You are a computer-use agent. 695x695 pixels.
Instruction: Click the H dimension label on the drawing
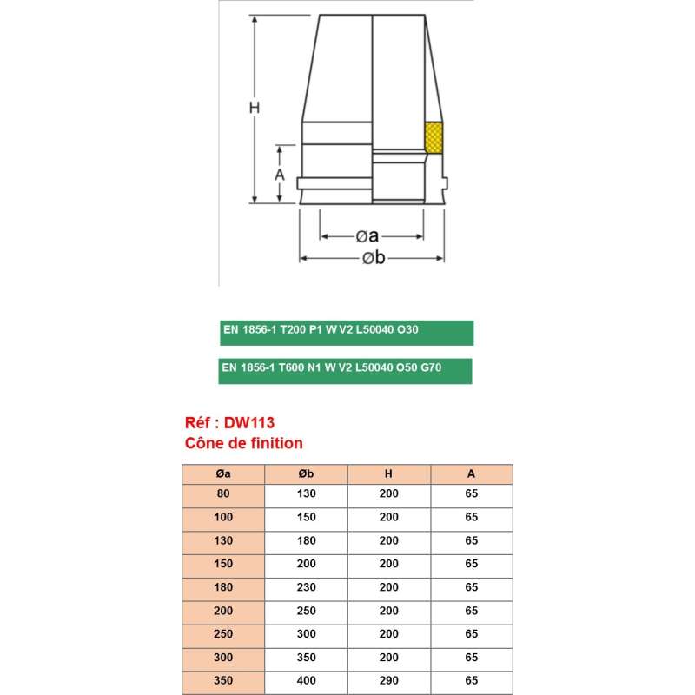click(x=255, y=109)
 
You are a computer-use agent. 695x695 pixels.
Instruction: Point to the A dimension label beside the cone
click(x=280, y=174)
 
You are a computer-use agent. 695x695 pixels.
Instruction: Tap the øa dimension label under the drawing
click(x=367, y=236)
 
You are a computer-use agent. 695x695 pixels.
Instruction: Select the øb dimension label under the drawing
click(x=373, y=258)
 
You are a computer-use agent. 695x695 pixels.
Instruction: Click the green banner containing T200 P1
click(x=346, y=332)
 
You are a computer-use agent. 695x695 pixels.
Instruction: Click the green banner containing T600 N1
click(x=346, y=368)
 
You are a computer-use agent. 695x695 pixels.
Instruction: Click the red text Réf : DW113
click(x=230, y=423)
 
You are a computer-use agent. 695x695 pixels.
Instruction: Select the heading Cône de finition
click(x=244, y=443)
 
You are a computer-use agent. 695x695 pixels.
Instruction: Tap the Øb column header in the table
click(x=306, y=474)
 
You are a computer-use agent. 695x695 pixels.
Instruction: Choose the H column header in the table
click(x=388, y=474)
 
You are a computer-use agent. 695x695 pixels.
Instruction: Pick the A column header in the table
click(x=471, y=474)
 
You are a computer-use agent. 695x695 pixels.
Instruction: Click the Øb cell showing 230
click(x=306, y=588)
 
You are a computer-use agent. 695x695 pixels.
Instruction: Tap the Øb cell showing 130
click(x=306, y=493)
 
